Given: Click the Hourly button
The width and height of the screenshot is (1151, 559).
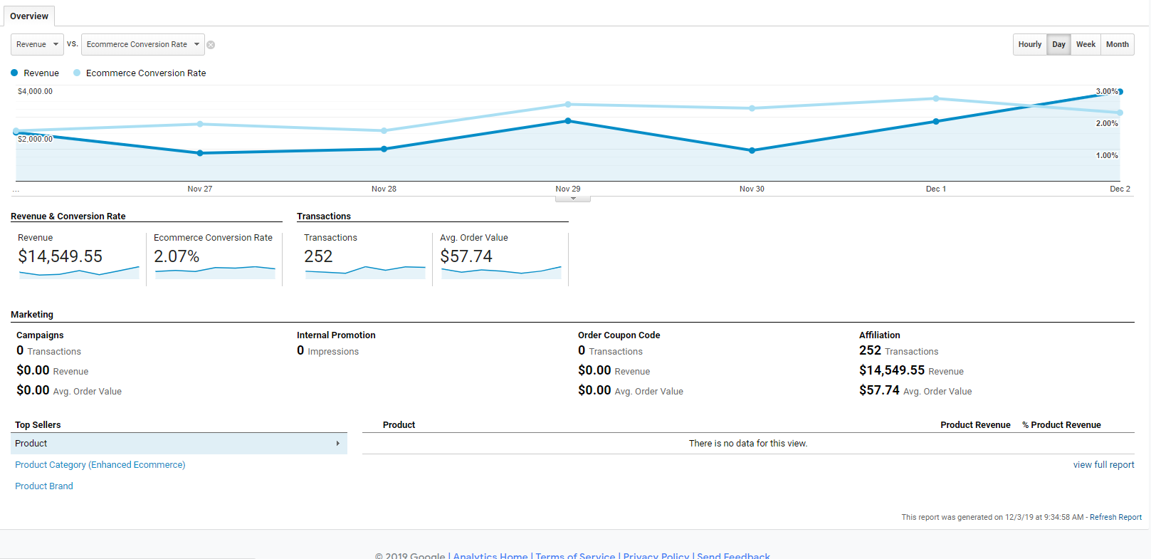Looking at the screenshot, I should tap(1029, 44).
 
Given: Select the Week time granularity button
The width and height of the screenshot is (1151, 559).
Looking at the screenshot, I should tap(1086, 44).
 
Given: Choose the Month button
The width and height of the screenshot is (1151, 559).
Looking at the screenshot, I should tap(1117, 44).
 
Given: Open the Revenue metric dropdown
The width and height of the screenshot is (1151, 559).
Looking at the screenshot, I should tap(37, 44).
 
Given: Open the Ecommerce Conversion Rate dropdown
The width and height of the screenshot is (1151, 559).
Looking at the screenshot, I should tap(142, 44).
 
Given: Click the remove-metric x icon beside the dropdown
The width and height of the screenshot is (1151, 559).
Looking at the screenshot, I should tap(211, 45).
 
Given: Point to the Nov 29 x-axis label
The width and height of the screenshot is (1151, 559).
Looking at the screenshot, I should tap(568, 189).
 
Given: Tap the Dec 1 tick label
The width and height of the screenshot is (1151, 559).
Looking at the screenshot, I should tap(935, 189).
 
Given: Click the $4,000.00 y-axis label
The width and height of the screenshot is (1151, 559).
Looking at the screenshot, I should tap(35, 91).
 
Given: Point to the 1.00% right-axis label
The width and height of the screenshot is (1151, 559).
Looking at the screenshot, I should tap(1106, 155).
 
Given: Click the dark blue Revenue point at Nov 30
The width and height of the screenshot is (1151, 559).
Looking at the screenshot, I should tap(752, 150).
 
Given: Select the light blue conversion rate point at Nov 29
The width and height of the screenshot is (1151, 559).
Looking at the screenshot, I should tap(568, 105).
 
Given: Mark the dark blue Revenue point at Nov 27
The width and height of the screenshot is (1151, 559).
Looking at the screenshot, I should tap(200, 153).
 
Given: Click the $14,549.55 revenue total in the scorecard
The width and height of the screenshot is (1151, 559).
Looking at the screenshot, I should tap(61, 256).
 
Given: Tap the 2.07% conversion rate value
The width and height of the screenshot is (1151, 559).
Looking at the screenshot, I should tap(177, 256).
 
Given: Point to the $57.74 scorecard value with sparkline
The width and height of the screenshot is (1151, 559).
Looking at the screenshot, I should tap(466, 256).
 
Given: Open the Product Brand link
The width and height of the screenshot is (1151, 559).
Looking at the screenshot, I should tap(44, 486).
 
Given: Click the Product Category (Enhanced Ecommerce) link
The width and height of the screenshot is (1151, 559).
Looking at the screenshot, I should tap(100, 464).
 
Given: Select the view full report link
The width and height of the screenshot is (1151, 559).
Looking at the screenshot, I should tap(1103, 464).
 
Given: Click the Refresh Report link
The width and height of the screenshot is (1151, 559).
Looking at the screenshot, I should tap(1115, 517).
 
